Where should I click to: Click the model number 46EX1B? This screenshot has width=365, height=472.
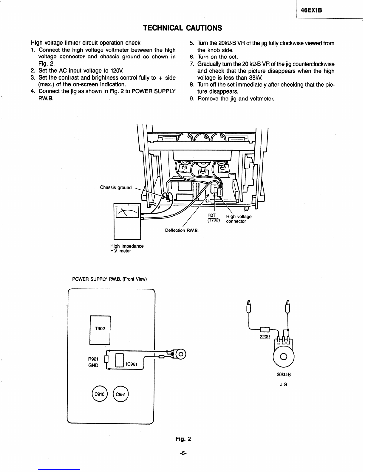311,10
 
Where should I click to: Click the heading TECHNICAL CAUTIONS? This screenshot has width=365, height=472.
182,28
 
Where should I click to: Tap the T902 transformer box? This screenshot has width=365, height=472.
100,330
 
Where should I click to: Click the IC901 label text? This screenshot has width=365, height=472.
132,364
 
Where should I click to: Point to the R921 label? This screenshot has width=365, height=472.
93,359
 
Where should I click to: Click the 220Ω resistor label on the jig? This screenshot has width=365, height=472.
265,337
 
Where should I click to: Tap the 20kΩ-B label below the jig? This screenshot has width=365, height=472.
284,375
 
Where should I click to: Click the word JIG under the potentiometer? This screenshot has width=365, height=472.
284,384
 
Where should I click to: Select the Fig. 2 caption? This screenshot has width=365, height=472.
183,439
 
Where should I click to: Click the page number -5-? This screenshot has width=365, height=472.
183,453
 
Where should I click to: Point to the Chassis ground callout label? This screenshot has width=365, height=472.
116,187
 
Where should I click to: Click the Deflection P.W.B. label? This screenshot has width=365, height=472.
182,230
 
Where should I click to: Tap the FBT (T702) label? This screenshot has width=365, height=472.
214,218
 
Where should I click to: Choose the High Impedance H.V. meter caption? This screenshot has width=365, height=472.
127,248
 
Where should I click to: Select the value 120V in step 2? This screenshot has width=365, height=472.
117,71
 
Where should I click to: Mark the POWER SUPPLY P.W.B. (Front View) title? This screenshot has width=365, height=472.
109,279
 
